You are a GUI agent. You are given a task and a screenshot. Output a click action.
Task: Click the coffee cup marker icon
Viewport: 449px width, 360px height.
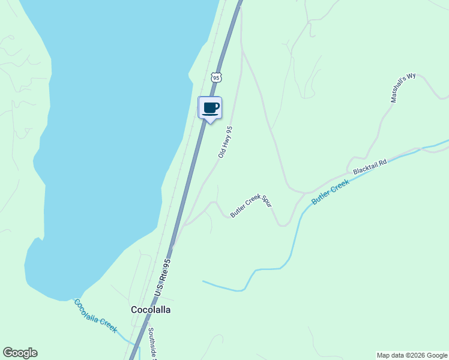click(x=210, y=108)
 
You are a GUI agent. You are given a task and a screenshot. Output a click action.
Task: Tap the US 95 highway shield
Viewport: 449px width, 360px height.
click(x=217, y=77)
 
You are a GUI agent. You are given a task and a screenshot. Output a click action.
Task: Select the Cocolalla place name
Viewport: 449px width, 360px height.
click(x=151, y=310)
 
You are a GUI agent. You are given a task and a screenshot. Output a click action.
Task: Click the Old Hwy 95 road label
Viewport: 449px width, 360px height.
click(x=225, y=142)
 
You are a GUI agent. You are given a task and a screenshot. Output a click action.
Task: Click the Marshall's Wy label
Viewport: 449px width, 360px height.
click(x=403, y=88)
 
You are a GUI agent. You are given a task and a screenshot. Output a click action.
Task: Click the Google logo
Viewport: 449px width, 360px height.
click(x=20, y=353)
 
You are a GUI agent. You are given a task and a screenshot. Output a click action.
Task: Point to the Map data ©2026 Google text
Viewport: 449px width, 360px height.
click(x=412, y=355)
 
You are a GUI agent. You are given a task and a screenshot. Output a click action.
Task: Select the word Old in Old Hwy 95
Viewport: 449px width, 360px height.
click(x=221, y=154)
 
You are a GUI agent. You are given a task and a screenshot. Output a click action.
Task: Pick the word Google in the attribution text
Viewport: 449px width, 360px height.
click(x=435, y=355)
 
